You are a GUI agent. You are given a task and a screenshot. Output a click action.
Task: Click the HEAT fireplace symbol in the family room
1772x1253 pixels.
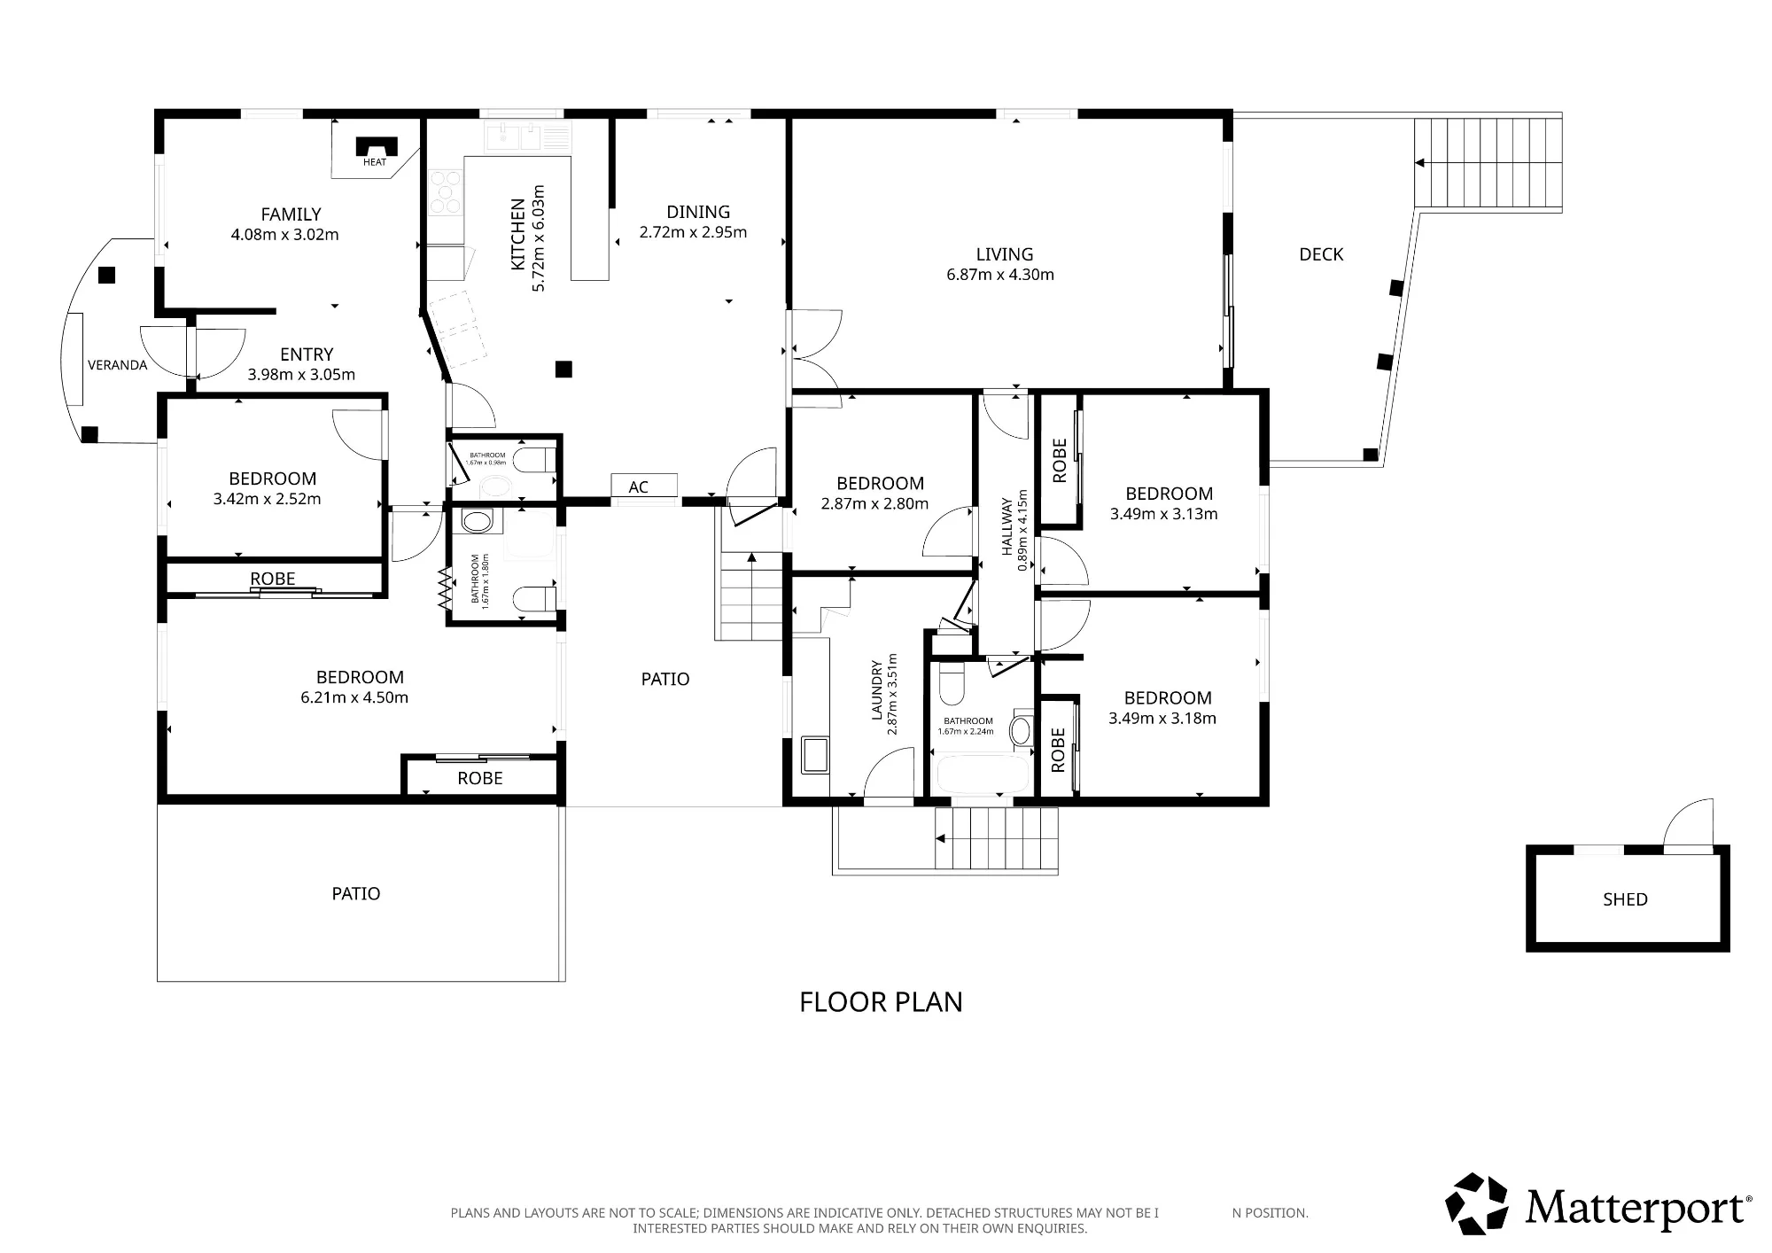click(376, 147)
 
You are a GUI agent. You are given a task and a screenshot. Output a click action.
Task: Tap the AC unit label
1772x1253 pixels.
click(639, 486)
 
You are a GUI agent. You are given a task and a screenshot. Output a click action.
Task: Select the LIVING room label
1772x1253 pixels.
click(1005, 254)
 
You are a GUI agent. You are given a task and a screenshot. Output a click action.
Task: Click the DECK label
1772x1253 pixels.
click(1321, 254)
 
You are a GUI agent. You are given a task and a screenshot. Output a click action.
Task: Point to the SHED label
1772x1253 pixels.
click(1625, 899)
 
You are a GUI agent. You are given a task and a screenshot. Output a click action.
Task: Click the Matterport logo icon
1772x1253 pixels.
click(1477, 1203)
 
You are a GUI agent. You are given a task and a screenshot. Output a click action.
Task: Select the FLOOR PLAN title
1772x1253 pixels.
click(881, 1002)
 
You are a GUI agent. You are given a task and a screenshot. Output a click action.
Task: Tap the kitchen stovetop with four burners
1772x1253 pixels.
click(446, 192)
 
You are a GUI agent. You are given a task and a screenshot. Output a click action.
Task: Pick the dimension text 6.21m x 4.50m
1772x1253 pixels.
click(354, 697)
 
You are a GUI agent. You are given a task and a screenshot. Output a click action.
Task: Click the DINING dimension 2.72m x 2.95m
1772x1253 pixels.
click(693, 232)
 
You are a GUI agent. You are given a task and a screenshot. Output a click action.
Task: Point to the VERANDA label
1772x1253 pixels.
click(117, 365)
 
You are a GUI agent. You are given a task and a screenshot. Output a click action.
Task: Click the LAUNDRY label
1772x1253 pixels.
click(877, 690)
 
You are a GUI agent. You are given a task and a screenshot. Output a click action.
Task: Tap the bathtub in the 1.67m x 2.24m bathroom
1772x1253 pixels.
click(983, 774)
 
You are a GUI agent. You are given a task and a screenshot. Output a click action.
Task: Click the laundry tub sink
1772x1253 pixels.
click(814, 754)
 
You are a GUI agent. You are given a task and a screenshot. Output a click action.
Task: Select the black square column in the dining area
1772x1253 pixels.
click(563, 370)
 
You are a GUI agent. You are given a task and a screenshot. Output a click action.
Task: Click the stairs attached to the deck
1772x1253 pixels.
click(1488, 164)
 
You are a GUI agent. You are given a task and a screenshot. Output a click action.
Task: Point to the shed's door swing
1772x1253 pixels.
click(1689, 825)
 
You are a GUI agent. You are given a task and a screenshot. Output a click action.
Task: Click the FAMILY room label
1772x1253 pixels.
click(291, 214)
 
